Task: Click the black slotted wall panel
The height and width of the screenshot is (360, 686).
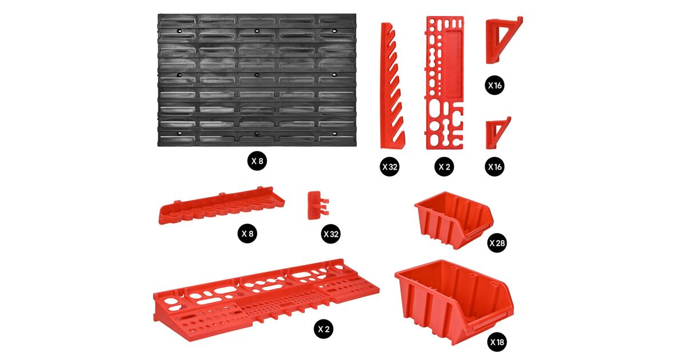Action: point(257,80)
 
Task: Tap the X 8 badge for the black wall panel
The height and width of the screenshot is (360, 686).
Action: point(257,161)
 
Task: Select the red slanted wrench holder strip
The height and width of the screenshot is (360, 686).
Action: point(392,86)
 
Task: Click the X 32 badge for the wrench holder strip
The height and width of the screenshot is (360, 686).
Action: point(389,167)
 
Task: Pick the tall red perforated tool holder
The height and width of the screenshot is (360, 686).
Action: point(445,83)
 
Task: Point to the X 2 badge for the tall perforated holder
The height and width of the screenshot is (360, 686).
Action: point(444,167)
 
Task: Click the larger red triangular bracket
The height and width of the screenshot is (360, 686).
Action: point(504,40)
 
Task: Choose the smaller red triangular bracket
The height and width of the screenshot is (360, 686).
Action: point(498,133)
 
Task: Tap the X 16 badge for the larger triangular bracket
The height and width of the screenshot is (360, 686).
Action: point(494,85)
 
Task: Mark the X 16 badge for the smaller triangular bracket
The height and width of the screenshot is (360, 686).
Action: point(494,167)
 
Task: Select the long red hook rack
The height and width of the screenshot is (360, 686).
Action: point(222,206)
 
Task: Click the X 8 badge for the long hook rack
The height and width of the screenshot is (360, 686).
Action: point(248,234)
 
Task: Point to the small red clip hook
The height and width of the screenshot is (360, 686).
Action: point(318,205)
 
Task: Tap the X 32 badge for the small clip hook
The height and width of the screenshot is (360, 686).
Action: point(331,234)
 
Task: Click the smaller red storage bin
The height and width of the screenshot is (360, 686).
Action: point(454,220)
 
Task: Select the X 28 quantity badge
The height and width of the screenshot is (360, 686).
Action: point(497,243)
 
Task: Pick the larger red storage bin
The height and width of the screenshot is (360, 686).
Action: point(454,302)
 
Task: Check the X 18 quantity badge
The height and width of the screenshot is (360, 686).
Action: point(497,342)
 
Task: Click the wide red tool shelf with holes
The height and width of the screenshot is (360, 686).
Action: point(266,299)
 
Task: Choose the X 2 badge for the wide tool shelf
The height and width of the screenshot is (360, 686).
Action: point(324,329)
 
